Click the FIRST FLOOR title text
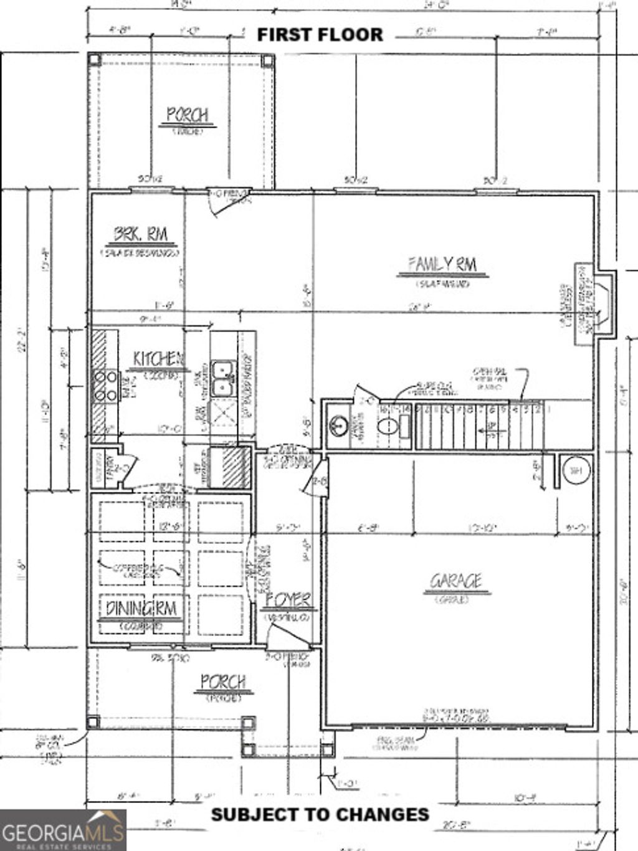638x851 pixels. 320,34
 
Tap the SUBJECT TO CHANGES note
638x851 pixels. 320,814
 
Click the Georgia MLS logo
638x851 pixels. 63,830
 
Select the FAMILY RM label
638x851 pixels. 442,265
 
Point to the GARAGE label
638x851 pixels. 456,581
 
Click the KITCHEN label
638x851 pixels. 158,359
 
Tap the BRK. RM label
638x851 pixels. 140,235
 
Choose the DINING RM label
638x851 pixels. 141,608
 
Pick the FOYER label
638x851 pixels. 288,601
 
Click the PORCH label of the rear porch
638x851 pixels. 187,115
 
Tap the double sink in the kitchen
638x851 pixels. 222,378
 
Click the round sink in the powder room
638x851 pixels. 338,426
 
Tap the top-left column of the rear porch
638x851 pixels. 94,60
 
